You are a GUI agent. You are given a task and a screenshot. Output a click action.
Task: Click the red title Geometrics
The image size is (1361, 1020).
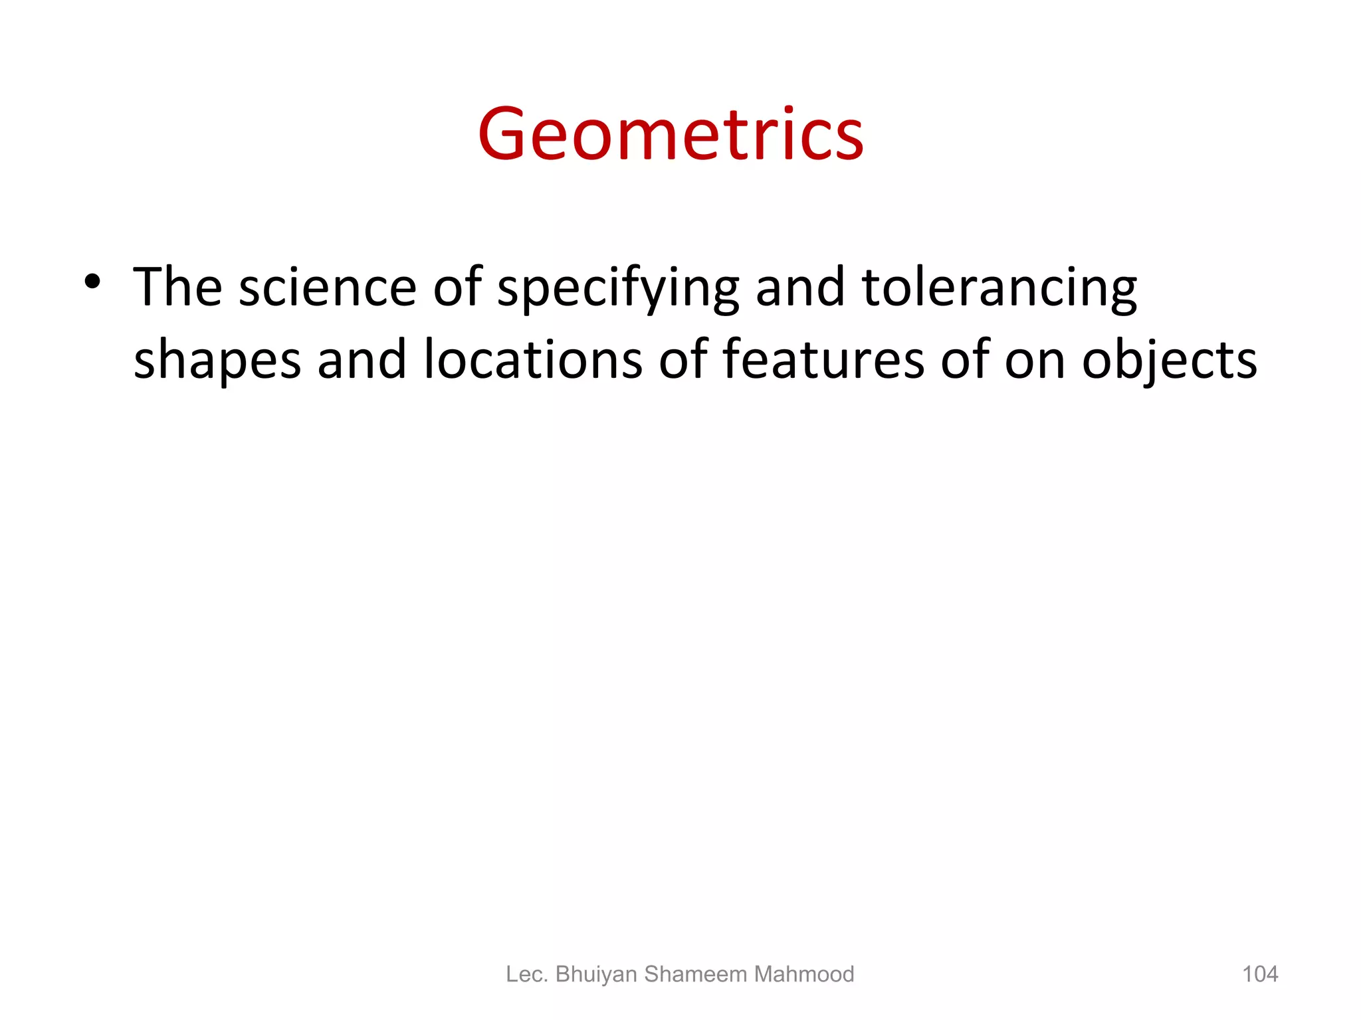tap(671, 135)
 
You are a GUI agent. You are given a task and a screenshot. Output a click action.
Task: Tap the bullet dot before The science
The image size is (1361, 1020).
tap(92, 282)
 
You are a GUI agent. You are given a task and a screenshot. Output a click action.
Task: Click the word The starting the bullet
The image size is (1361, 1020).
tap(177, 288)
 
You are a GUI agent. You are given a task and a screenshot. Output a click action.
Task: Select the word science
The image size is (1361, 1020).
tap(327, 288)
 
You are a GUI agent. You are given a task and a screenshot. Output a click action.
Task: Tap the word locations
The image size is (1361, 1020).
tap(533, 359)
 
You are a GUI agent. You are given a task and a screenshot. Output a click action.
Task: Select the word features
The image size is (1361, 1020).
tap(823, 359)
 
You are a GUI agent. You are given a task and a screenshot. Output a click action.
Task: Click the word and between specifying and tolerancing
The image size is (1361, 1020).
tap(800, 288)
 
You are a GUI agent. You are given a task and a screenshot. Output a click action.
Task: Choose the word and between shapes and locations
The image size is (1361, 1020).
tap(362, 359)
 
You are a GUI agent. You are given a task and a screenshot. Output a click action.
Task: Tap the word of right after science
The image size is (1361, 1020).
tap(457, 288)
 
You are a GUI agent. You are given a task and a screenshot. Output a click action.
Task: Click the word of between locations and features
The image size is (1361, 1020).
tap(682, 359)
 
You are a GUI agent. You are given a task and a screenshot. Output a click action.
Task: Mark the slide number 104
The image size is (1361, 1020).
tap(1260, 974)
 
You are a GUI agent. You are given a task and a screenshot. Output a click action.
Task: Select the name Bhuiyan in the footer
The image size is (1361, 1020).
tap(596, 974)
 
